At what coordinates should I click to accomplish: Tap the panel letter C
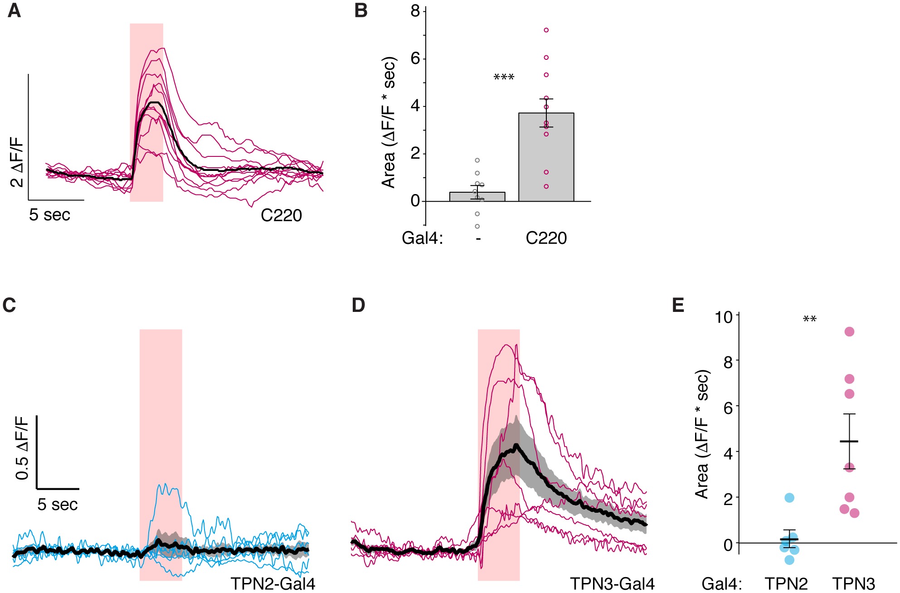[x=9, y=305]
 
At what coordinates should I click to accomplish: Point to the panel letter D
[x=358, y=305]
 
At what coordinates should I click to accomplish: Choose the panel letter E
[x=678, y=305]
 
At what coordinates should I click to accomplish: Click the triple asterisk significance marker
[x=504, y=78]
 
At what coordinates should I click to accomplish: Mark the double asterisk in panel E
[x=809, y=320]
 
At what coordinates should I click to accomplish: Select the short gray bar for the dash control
[x=477, y=197]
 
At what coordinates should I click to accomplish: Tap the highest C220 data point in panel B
[x=546, y=30]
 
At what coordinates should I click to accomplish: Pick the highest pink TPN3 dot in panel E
[x=849, y=332]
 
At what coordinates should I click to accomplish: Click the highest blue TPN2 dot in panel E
[x=789, y=498]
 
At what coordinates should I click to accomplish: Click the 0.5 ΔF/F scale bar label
[x=22, y=447]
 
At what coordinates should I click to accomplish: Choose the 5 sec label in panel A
[x=50, y=215]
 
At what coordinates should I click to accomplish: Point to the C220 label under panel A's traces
[x=281, y=215]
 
